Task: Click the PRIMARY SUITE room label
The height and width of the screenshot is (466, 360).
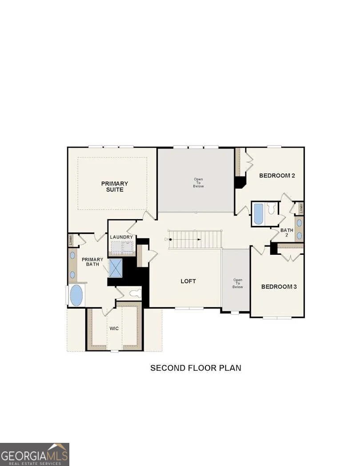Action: click(x=115, y=186)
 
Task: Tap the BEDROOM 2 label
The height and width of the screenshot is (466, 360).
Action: click(x=277, y=176)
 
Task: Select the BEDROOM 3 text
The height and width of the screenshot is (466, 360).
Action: click(x=279, y=287)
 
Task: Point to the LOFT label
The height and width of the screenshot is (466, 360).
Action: click(x=188, y=281)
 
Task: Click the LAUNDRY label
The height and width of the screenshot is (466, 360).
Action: click(x=121, y=237)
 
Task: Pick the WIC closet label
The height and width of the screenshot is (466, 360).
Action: click(x=114, y=328)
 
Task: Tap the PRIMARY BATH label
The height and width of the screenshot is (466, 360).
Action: click(x=92, y=262)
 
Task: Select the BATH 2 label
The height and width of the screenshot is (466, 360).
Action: click(x=287, y=233)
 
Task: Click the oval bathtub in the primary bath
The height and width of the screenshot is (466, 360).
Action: click(x=76, y=295)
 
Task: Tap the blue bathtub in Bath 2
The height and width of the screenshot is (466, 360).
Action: click(x=258, y=214)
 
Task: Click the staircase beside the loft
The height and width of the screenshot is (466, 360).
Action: click(x=196, y=239)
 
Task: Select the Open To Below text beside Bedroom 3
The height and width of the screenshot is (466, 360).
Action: click(x=237, y=284)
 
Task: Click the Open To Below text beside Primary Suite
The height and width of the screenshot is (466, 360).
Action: click(x=198, y=183)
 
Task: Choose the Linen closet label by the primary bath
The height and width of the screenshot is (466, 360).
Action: click(x=71, y=240)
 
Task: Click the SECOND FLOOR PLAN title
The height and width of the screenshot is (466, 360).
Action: click(x=196, y=368)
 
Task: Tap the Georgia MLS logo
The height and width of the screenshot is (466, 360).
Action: click(x=35, y=454)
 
